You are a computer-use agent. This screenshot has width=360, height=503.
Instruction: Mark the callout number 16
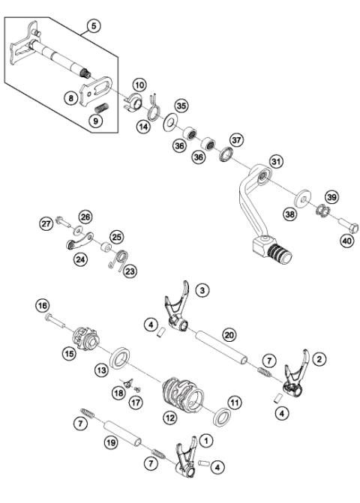[42, 305]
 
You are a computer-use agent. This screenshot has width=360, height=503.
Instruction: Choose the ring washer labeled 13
[118, 358]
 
